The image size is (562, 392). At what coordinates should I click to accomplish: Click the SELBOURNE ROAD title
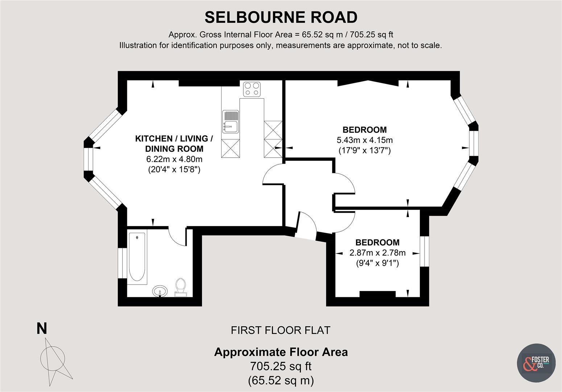click(x=281, y=17)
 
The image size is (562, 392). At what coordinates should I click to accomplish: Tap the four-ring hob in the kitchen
click(x=252, y=89)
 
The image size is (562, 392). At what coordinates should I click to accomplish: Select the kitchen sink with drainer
click(x=230, y=121)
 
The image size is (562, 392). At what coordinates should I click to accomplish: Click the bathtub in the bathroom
click(x=137, y=257)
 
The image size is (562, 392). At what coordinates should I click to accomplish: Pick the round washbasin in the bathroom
click(x=160, y=291)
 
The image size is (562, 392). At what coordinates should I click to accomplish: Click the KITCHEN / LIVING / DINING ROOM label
click(x=174, y=143)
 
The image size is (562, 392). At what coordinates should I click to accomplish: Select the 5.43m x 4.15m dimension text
click(x=365, y=140)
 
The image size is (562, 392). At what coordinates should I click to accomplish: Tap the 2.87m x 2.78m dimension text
click(x=377, y=253)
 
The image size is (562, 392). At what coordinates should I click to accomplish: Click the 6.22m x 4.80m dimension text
click(x=174, y=159)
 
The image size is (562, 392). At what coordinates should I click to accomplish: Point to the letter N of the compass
click(x=42, y=329)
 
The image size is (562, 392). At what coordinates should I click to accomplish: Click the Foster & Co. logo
click(x=536, y=362)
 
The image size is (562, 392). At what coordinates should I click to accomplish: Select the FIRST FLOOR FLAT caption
click(x=281, y=330)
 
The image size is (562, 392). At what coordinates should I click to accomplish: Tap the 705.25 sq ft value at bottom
click(x=281, y=366)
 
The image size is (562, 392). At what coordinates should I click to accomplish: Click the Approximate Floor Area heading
click(x=281, y=352)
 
